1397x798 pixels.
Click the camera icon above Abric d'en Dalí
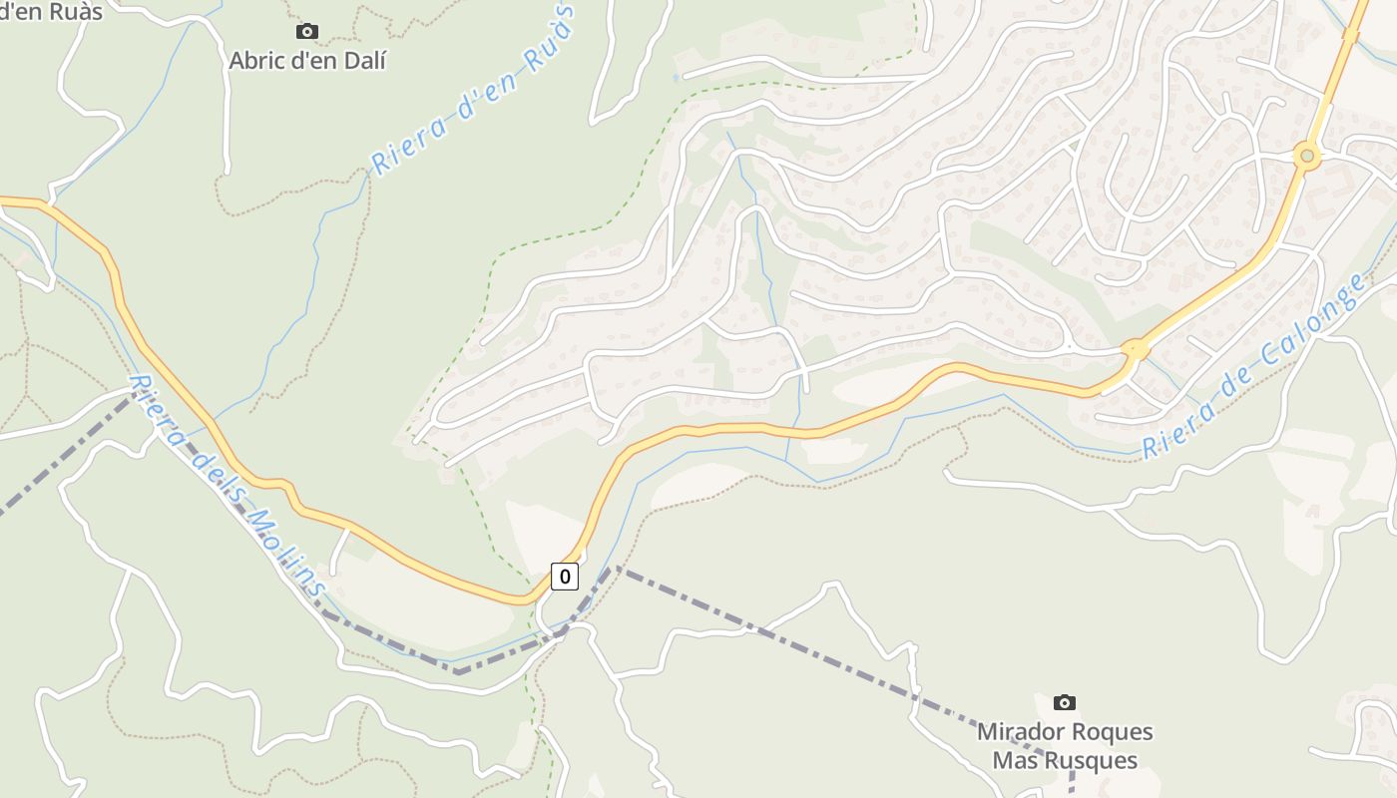click(307, 32)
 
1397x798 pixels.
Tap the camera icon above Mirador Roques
click(1065, 703)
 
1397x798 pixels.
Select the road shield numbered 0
click(565, 576)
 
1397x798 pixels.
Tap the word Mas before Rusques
click(1014, 761)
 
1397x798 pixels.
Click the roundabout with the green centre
click(1306, 157)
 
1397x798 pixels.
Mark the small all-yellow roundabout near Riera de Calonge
click(1135, 351)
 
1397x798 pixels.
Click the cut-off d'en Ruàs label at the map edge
click(51, 10)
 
